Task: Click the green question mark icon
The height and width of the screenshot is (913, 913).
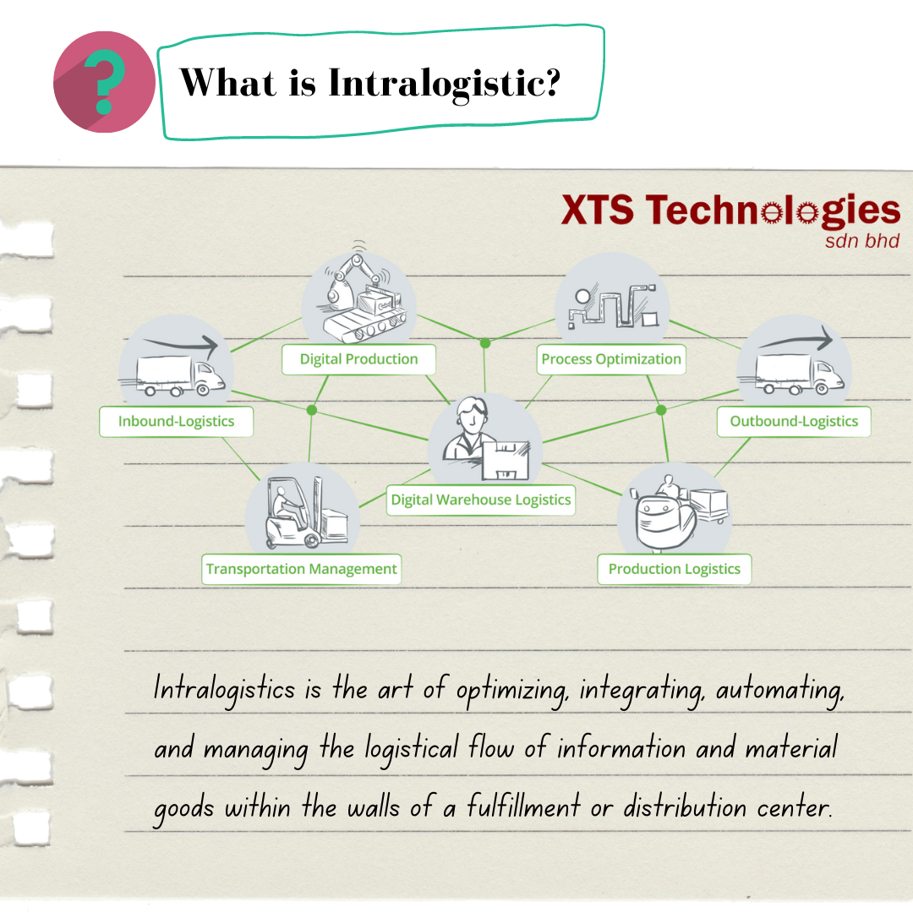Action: coord(104,83)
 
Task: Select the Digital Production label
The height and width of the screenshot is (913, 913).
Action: coord(358,359)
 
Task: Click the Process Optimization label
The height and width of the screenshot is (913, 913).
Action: coord(611,359)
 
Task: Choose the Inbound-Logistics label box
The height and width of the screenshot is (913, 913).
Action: coord(176,421)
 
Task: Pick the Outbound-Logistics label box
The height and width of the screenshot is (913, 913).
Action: coord(794,421)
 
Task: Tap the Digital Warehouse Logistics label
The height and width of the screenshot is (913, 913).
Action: coord(481,500)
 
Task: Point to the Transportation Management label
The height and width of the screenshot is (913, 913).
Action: coord(302,569)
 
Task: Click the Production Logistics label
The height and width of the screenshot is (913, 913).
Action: coord(674,569)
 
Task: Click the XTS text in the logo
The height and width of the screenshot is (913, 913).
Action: coord(597,211)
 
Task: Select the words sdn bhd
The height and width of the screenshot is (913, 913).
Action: coord(861,241)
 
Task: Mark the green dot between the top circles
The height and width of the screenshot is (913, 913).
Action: coord(485,343)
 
